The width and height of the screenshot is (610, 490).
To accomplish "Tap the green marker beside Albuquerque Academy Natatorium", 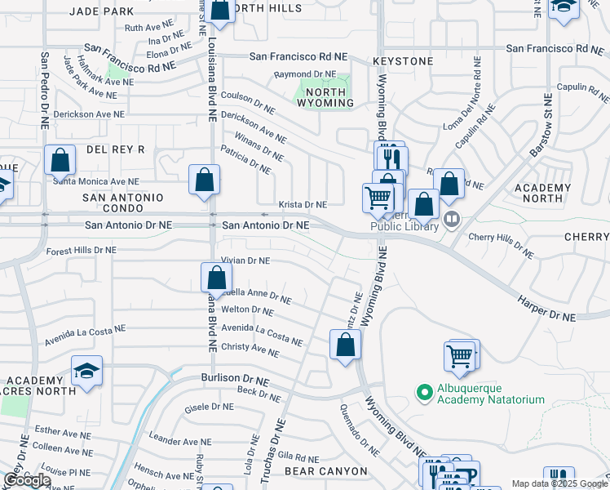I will [424, 394].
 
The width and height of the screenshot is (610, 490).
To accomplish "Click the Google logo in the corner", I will [27, 480].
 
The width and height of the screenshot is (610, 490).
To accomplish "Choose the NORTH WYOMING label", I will [325, 96].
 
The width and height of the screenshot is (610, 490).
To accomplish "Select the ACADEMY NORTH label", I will [542, 193].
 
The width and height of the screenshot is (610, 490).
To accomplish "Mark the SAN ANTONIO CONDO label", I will [122, 203].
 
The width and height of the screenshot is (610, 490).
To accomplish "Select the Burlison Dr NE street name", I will [235, 379].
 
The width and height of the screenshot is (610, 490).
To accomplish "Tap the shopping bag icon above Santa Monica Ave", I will [60, 160].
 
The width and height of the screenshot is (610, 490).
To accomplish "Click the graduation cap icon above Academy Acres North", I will [86, 371].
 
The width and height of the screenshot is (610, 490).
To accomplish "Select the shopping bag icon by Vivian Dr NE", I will [216, 277].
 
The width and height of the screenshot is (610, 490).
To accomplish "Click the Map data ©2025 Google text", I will [558, 483].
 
